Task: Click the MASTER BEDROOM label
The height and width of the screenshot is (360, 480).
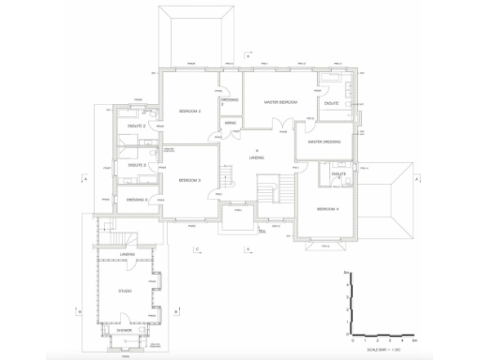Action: click(280, 102)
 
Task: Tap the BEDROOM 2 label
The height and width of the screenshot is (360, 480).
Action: click(191, 112)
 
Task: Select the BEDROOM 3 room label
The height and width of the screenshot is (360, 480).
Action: click(191, 180)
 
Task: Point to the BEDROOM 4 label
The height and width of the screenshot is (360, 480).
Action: click(327, 207)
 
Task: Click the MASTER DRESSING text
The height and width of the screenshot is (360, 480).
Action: click(322, 142)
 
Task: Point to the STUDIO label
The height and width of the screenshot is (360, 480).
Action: click(125, 291)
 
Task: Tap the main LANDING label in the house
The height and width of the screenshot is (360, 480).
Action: click(256, 157)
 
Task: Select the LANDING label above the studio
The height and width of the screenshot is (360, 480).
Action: click(128, 254)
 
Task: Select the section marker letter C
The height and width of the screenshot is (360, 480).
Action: click(197, 248)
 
